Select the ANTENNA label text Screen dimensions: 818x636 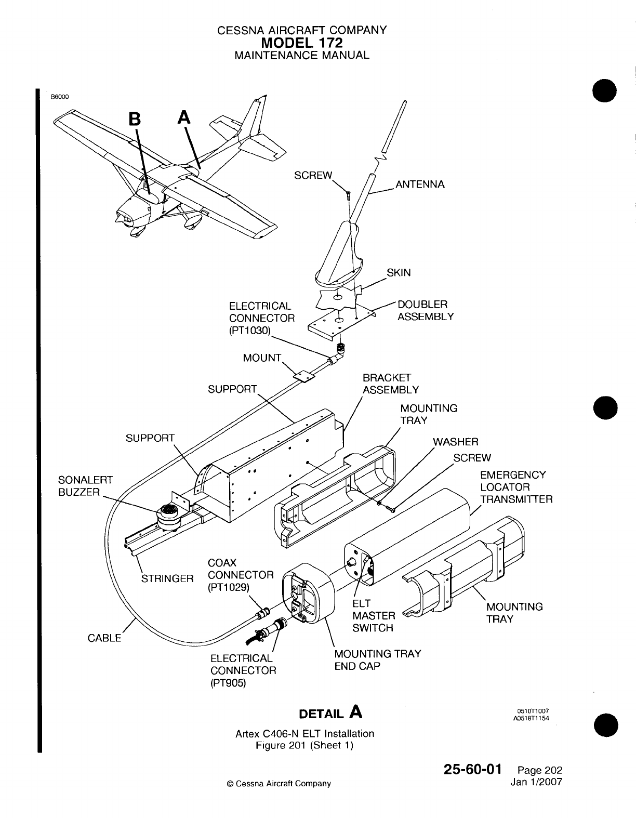click(420, 184)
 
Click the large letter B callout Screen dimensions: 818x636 click(135, 119)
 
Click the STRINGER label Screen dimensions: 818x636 click(168, 578)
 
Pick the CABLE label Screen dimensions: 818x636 click(104, 638)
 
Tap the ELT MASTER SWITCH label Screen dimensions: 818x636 click(373, 616)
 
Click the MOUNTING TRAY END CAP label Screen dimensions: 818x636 click(377, 659)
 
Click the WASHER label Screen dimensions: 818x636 click(455, 442)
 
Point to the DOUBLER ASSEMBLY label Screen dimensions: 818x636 click(425, 310)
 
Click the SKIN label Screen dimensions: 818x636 click(399, 273)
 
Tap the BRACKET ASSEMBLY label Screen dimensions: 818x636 click(390, 384)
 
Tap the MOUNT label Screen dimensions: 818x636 click(262, 358)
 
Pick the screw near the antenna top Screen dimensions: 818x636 click(349, 195)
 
